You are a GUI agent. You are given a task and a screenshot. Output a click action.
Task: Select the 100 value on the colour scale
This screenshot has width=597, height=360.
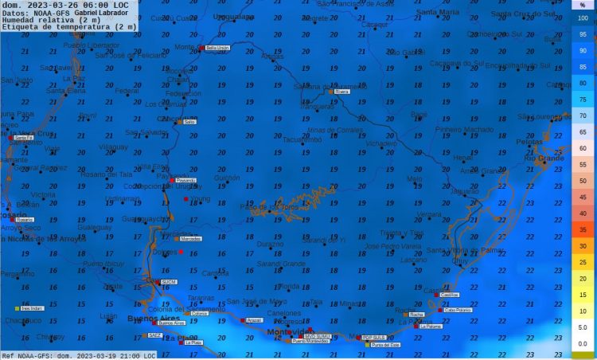(x=583, y=18)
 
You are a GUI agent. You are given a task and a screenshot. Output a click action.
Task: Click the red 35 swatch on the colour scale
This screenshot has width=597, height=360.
(x=583, y=229)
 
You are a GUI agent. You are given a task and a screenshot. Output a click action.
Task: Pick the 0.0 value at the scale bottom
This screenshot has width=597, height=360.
(x=583, y=343)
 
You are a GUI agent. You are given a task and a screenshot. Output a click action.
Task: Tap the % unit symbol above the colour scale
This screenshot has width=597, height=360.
(x=583, y=5)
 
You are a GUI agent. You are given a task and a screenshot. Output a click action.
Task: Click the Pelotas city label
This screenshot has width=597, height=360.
(x=529, y=142)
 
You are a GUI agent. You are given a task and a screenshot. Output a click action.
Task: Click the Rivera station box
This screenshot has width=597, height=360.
(x=341, y=92)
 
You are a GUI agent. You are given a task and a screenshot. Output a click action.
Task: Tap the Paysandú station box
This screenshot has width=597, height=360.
(x=185, y=181)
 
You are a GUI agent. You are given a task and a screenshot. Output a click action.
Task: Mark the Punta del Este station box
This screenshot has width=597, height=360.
(x=385, y=344)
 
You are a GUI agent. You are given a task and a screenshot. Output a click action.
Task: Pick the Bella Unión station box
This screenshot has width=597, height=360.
(x=217, y=48)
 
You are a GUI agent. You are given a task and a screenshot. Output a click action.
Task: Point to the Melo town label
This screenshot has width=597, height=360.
(x=414, y=179)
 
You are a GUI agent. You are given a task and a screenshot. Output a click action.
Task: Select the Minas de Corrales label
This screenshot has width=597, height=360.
(x=334, y=129)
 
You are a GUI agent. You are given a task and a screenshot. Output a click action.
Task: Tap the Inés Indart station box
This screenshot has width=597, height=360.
(x=32, y=308)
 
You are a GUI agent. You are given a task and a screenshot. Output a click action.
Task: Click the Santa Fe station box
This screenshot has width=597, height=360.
(x=24, y=138)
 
